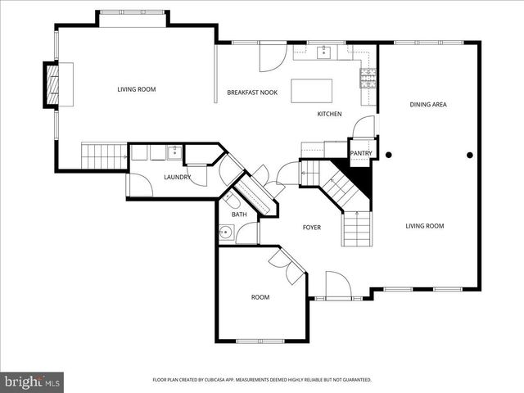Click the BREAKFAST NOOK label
click(x=252, y=93)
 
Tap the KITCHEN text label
click(x=329, y=114)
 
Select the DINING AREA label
click(x=427, y=105)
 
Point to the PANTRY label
click(x=361, y=153)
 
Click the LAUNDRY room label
click(x=178, y=178)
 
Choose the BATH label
click(x=239, y=215)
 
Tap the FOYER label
click(x=311, y=227)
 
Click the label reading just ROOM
click(x=260, y=297)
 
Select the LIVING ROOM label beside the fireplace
click(x=136, y=89)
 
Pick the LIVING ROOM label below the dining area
click(x=425, y=226)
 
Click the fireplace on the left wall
click(x=54, y=84)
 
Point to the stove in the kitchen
click(x=368, y=78)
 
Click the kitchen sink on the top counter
click(x=324, y=53)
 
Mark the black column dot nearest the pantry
click(x=389, y=154)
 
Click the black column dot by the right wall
click(x=470, y=154)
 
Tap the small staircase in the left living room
click(x=103, y=152)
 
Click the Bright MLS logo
click(x=33, y=382)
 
